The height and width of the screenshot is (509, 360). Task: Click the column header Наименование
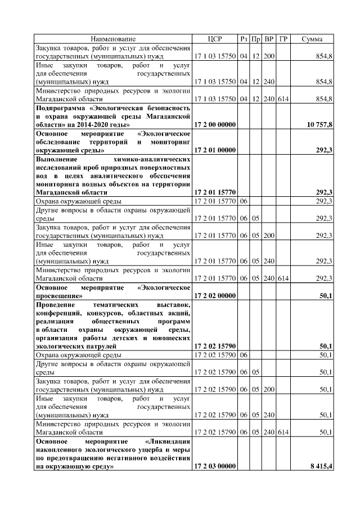113,39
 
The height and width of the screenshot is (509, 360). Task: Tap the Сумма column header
312,39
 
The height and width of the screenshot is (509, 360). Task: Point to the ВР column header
269,39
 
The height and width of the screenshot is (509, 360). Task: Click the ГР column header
283,39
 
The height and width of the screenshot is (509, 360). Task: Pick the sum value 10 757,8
319,124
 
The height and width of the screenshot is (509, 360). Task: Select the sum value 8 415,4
321,466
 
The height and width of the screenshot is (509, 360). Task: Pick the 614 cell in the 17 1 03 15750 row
283,98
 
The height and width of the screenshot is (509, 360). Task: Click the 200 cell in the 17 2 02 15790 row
269,389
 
